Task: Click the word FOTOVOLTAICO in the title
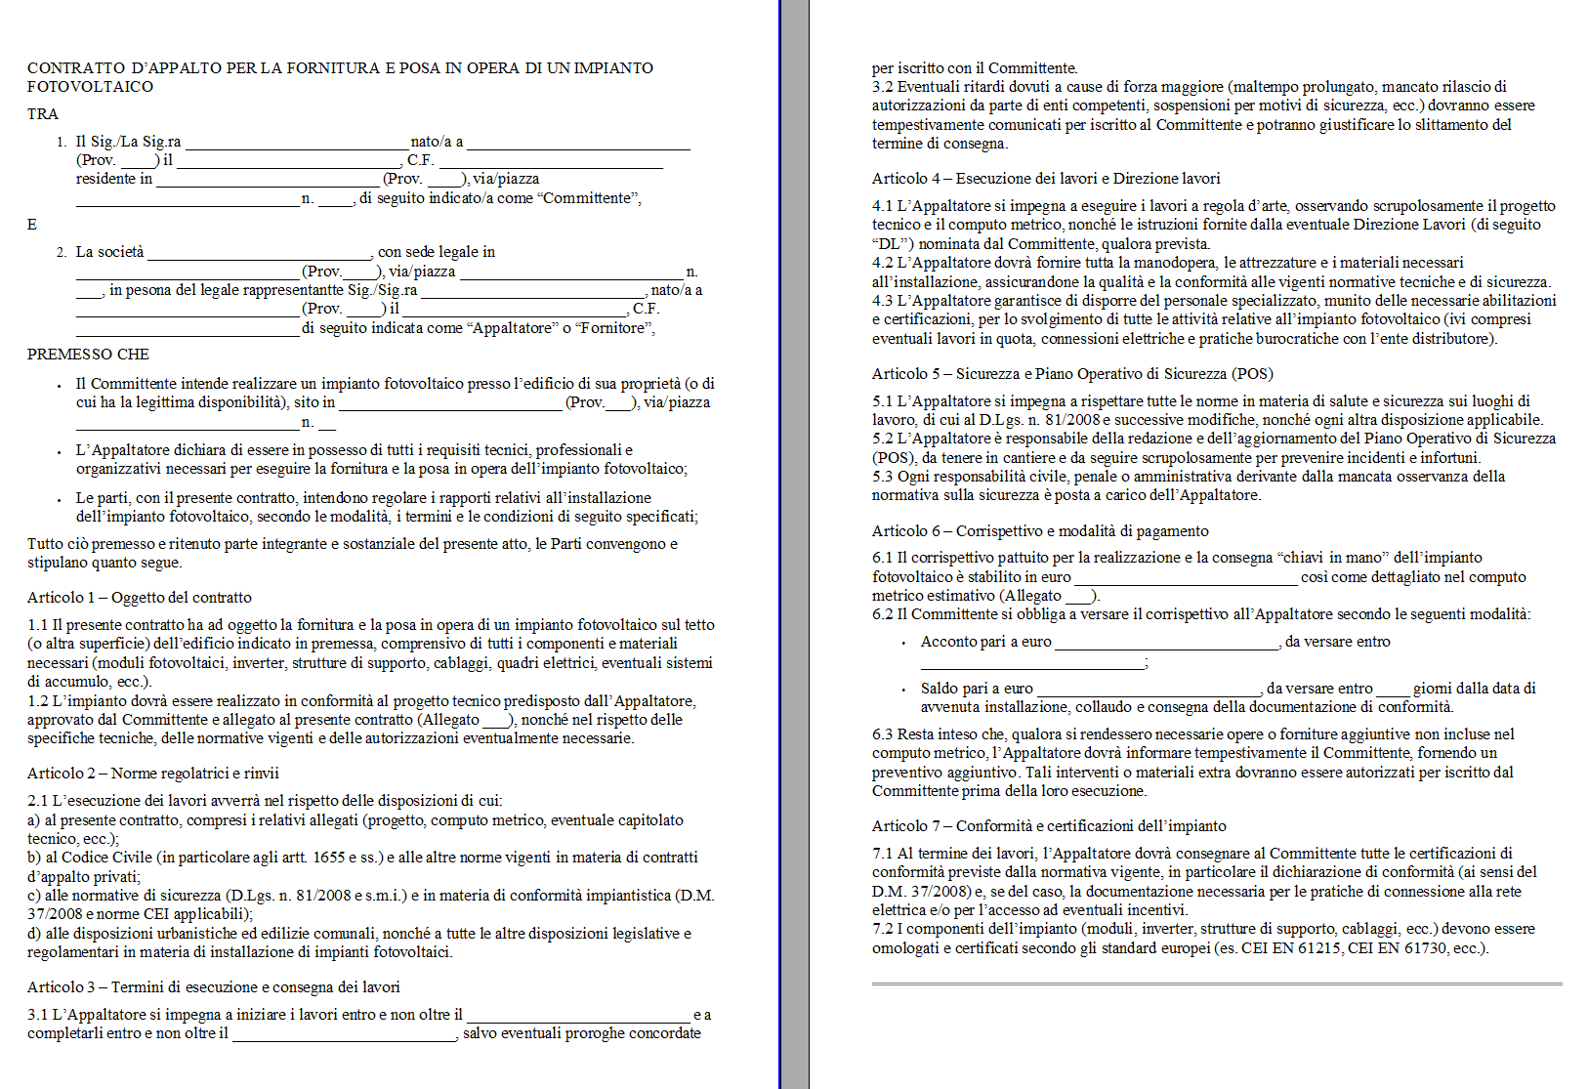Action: click(x=90, y=87)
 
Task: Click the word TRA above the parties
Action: click(x=43, y=114)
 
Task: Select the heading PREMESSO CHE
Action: click(x=88, y=355)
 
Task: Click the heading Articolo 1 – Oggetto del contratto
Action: click(x=140, y=598)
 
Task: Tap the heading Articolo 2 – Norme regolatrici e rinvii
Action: click(x=153, y=774)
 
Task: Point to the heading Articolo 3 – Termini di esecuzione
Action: click(x=214, y=987)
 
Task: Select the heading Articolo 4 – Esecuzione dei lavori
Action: click(x=1046, y=179)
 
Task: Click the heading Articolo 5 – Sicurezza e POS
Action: click(x=1072, y=374)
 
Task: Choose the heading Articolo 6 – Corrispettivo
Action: click(x=1040, y=531)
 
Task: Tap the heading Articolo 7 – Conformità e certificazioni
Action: click(x=1049, y=826)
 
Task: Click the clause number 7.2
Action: click(x=883, y=929)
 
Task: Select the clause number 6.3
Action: click(x=883, y=734)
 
